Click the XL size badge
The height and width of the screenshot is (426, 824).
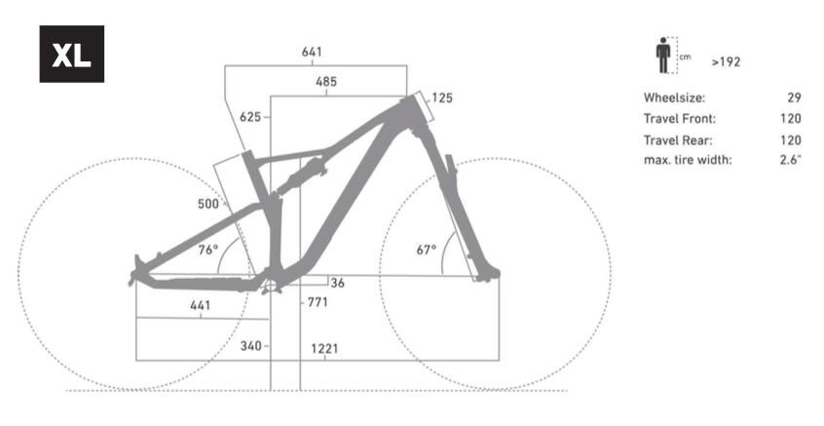click(x=71, y=55)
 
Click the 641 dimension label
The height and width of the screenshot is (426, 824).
click(x=312, y=52)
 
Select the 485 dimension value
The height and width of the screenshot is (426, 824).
click(x=326, y=82)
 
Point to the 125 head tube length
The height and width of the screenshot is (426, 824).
click(x=442, y=97)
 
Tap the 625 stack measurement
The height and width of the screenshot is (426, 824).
click(x=249, y=117)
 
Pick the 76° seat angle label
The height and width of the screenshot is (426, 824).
click(x=208, y=250)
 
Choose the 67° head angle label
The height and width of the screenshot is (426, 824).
click(x=427, y=250)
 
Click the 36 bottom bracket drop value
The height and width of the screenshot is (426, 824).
click(x=338, y=283)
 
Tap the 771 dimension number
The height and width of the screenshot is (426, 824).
click(x=318, y=302)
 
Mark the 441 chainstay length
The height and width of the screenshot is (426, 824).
click(x=200, y=305)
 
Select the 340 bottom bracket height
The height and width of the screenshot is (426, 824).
click(x=250, y=346)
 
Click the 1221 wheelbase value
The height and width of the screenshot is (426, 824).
click(x=324, y=347)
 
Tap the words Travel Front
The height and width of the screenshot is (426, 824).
click(x=679, y=119)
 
